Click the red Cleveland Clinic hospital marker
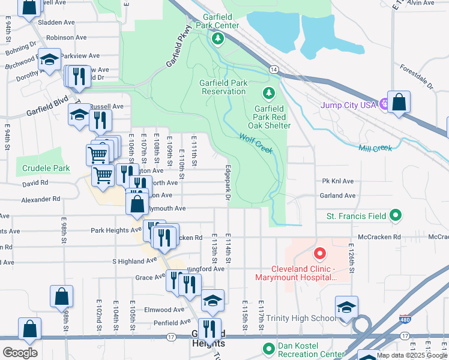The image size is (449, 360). point(319,256)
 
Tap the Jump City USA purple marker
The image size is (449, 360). point(385,104)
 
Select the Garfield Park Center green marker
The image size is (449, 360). point(217,39)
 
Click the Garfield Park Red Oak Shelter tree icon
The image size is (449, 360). point(268,93)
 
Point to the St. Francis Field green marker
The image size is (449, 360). point(395,215)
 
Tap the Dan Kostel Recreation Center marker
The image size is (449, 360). point(268,347)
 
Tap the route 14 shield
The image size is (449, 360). point(273,70)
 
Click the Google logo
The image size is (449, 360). point(20,352)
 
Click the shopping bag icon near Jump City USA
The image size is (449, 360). point(399,102)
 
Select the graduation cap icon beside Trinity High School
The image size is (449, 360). point(346,307)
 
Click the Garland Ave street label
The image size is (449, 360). point(339,196)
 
